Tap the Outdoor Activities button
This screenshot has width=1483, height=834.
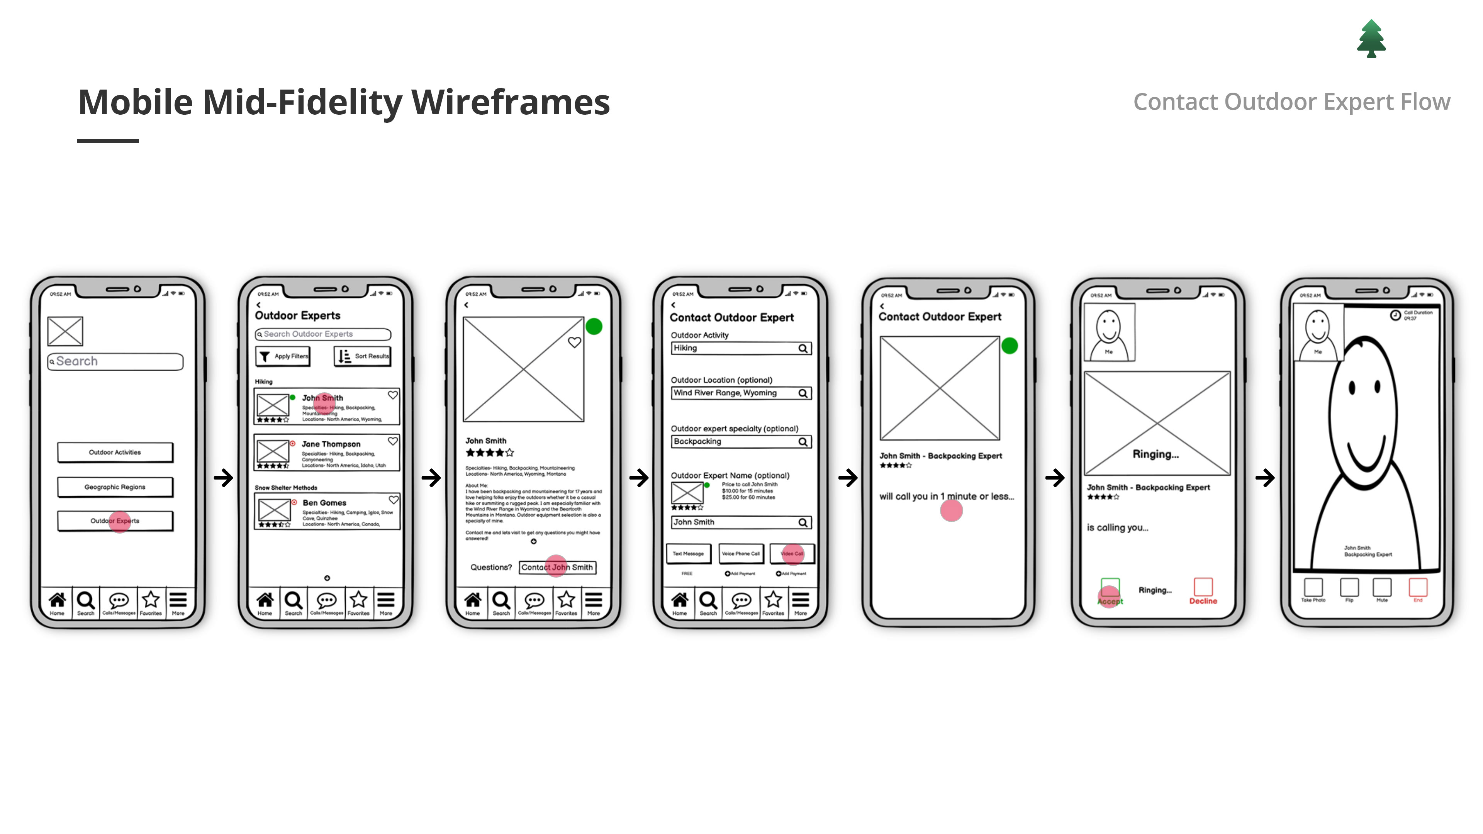115,453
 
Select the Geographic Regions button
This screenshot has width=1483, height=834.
115,487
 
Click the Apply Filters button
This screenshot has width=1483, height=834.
283,356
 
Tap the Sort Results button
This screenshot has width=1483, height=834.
363,356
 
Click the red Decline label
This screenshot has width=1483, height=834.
1203,601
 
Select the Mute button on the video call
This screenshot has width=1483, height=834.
1382,588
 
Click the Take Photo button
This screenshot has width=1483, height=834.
1313,588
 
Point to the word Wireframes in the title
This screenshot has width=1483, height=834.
510,102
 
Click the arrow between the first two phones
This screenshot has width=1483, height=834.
223,478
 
